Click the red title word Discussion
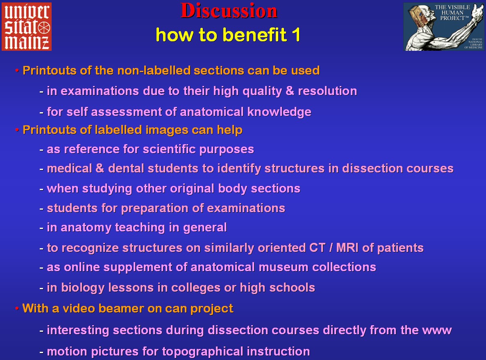tap(229, 11)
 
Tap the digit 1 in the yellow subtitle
tap(296, 34)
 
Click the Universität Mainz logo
tap(27, 26)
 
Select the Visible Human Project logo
tap(444, 27)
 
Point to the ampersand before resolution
tap(290, 91)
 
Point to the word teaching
tap(140, 228)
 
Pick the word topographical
tap(202, 352)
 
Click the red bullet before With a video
tap(17, 308)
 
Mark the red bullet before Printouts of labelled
tap(17, 130)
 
